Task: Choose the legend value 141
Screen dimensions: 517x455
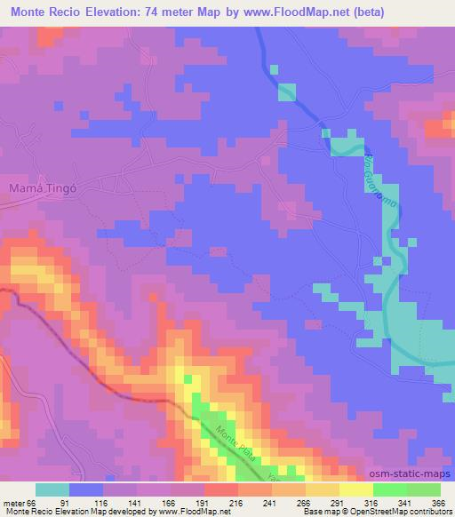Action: pos(132,502)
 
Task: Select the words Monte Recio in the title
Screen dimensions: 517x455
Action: pos(44,12)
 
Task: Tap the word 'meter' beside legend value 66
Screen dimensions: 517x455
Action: pos(15,502)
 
